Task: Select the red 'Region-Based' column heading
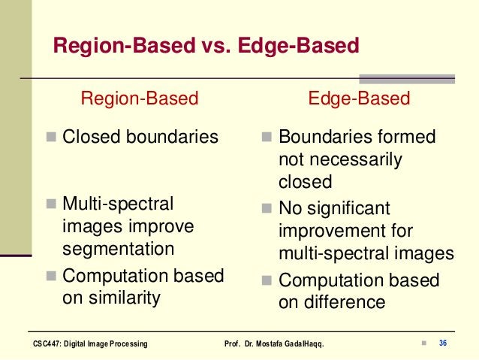coord(140,98)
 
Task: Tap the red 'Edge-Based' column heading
coord(360,98)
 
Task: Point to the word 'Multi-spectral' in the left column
coord(117,204)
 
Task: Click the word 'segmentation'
coord(118,249)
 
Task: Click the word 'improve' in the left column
coord(164,226)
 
